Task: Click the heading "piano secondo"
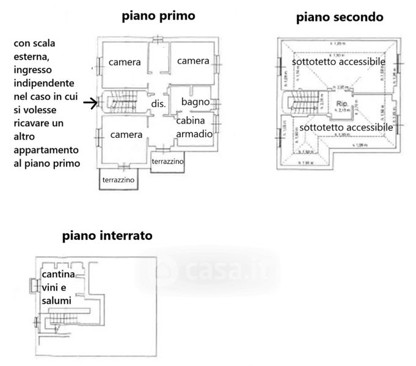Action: (x=340, y=17)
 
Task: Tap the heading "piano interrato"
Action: (x=107, y=235)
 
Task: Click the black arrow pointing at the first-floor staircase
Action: (x=90, y=103)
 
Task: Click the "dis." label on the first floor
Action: (x=159, y=104)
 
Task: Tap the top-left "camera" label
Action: (x=125, y=62)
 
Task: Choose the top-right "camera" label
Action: (x=193, y=61)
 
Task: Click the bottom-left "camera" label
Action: (x=126, y=134)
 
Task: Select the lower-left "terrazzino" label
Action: (x=119, y=181)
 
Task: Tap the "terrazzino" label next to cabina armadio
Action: (x=167, y=160)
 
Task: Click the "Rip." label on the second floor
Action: (x=341, y=104)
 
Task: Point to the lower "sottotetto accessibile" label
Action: (x=345, y=127)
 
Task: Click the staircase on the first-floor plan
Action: (x=122, y=102)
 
